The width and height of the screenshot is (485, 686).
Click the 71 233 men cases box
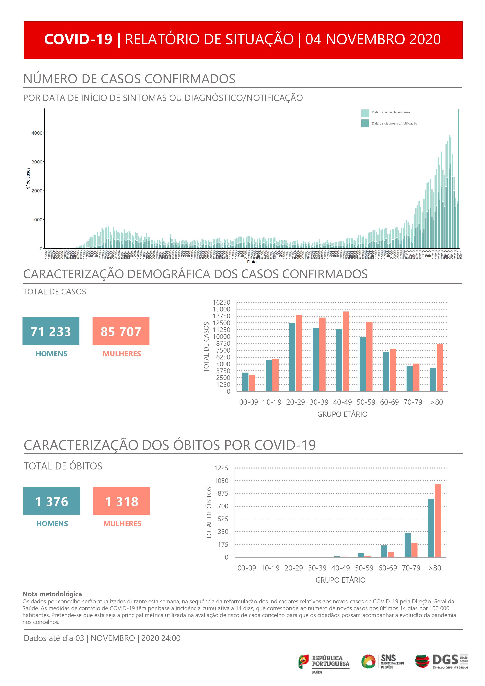51,331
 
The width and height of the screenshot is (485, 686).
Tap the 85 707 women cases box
121,331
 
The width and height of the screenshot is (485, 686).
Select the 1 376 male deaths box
51,501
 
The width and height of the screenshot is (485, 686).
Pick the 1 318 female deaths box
121,501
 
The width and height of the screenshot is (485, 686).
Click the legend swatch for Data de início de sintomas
365,113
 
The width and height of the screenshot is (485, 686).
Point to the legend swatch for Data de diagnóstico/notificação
365,123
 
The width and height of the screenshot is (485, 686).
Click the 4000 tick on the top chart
37,133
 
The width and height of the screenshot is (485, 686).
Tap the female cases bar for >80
440,367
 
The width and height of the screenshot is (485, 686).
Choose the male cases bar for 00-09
245,382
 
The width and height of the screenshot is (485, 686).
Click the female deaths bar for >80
438,521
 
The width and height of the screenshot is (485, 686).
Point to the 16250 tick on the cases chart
221,302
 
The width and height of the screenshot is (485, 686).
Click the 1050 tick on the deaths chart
221,481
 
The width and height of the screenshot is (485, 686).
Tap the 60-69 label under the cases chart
390,402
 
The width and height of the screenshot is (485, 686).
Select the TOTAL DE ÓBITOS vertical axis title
209,513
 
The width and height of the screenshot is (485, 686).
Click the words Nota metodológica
52,594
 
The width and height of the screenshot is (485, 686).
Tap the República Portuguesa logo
324,662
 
